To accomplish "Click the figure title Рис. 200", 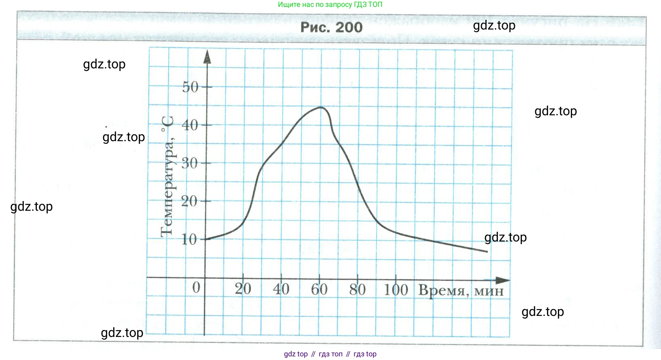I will click(x=331, y=27).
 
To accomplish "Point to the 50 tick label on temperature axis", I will click(x=190, y=87).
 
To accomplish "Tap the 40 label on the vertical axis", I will click(x=190, y=125).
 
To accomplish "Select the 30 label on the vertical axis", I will click(x=190, y=163).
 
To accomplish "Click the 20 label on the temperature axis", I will click(x=189, y=201).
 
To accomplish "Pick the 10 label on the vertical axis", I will click(x=189, y=239).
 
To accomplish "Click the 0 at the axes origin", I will click(x=196, y=288).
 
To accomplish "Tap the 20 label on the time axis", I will click(x=243, y=289).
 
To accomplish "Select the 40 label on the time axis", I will click(x=281, y=289).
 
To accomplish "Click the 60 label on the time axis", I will click(x=319, y=289).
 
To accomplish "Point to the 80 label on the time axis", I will click(x=358, y=290).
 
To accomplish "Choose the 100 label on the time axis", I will click(x=396, y=290).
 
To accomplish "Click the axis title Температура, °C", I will click(x=167, y=176).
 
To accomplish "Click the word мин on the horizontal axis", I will click(x=489, y=291).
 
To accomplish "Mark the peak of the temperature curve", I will click(x=321, y=107).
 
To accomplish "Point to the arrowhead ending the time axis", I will click(x=503, y=280).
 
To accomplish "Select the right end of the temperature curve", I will click(x=487, y=252).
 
